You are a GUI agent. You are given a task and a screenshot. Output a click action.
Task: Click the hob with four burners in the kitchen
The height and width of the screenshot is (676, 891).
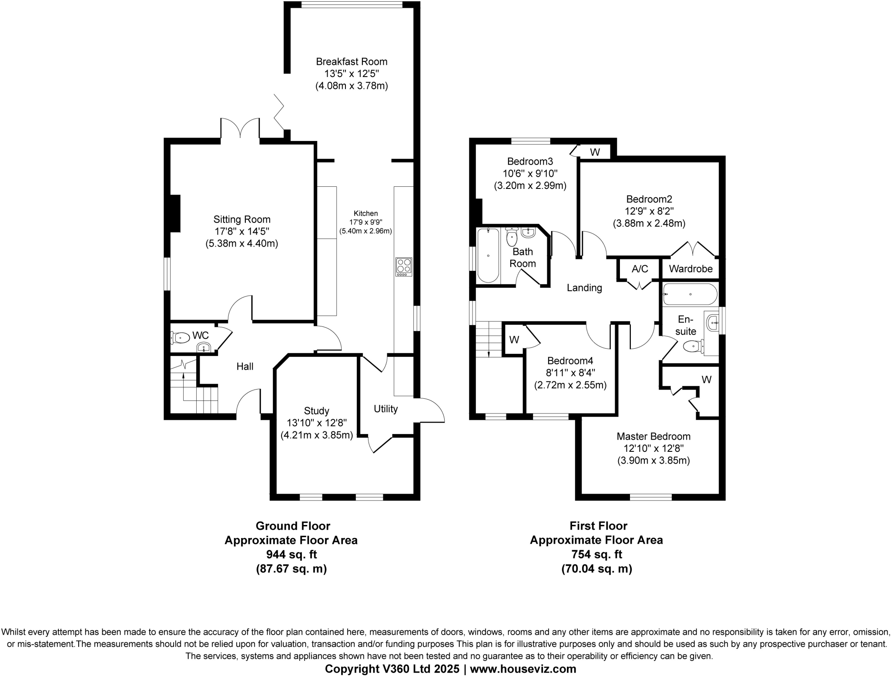(404, 267)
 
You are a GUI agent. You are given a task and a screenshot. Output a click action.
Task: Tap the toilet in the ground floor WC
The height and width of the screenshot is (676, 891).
(181, 337)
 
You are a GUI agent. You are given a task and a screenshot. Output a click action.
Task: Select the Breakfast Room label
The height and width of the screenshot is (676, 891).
(352, 62)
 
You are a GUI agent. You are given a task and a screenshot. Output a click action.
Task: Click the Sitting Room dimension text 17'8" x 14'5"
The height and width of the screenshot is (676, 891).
(241, 232)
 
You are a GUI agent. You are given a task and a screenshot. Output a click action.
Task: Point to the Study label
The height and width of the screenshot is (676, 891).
(316, 411)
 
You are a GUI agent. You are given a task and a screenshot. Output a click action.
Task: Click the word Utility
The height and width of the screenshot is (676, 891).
(385, 409)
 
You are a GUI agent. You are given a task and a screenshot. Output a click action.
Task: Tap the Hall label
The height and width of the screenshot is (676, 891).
(245, 367)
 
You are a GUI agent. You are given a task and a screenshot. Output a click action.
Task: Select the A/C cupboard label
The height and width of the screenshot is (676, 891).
(640, 269)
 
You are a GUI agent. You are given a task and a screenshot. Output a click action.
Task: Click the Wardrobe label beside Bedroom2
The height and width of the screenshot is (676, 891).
(690, 269)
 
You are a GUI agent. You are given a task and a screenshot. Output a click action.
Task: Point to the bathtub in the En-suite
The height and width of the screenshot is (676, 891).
(690, 295)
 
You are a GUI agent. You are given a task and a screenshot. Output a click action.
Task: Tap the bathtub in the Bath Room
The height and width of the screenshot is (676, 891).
(488, 256)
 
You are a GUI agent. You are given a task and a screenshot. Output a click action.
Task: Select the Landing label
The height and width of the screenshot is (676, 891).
(584, 288)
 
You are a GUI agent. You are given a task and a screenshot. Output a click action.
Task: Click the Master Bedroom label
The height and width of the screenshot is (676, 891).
(653, 437)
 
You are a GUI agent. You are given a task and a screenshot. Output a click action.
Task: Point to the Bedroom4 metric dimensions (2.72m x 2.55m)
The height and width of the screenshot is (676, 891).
(570, 385)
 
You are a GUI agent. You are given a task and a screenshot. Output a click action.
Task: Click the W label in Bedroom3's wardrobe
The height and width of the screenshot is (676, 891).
(595, 152)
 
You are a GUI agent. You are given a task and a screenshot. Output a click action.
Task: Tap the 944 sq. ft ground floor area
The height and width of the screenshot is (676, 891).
(291, 555)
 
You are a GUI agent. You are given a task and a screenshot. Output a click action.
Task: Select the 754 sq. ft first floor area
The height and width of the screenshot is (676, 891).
(596, 555)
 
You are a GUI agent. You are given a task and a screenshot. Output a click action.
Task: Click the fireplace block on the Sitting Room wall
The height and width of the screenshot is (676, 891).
(175, 214)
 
